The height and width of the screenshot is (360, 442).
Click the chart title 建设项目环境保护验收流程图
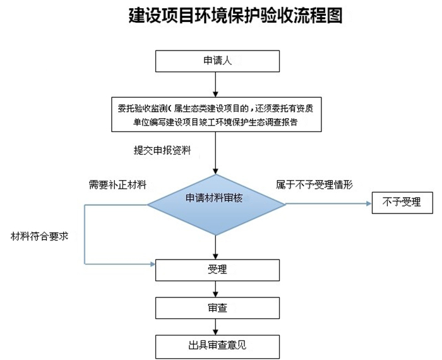point(220,16)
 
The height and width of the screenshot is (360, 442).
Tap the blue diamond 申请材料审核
point(216,203)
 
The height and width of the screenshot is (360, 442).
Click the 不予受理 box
point(402,203)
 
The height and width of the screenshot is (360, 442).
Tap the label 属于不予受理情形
point(314,185)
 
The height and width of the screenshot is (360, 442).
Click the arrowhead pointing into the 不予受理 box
point(368,203)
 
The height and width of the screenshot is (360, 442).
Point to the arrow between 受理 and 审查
point(217,289)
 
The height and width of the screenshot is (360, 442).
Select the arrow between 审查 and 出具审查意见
point(217,327)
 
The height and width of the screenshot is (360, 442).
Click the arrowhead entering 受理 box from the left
point(152,263)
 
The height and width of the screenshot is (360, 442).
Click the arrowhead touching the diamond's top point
point(217,171)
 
